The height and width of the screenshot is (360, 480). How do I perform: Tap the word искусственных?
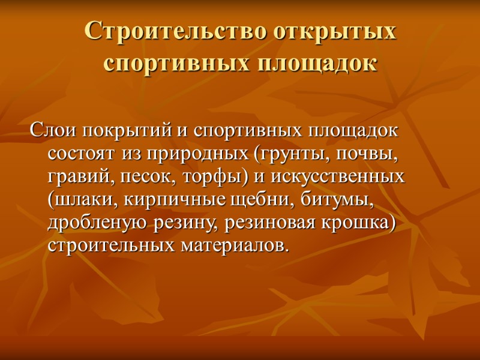(338, 178)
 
